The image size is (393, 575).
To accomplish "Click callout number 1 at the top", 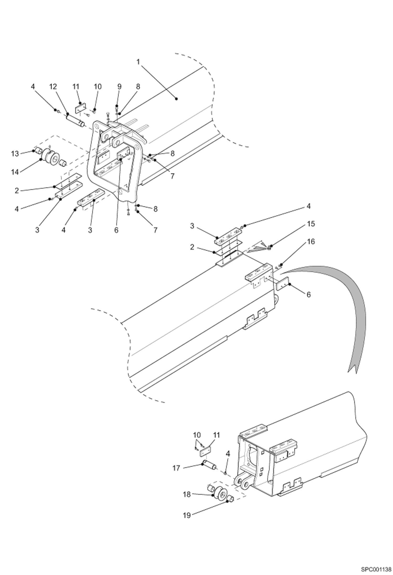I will click(x=138, y=62).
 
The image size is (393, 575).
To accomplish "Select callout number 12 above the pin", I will click(x=53, y=87).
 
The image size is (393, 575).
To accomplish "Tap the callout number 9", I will click(x=119, y=87).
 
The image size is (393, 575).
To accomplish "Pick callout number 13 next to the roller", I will click(x=15, y=154).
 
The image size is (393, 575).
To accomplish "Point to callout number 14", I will click(x=15, y=172).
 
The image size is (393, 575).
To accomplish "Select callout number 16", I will click(x=311, y=241).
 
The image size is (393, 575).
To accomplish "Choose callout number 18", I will click(x=187, y=495).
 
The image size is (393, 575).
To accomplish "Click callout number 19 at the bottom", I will click(x=187, y=516).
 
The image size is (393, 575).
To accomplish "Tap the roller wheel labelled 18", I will click(x=219, y=492).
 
